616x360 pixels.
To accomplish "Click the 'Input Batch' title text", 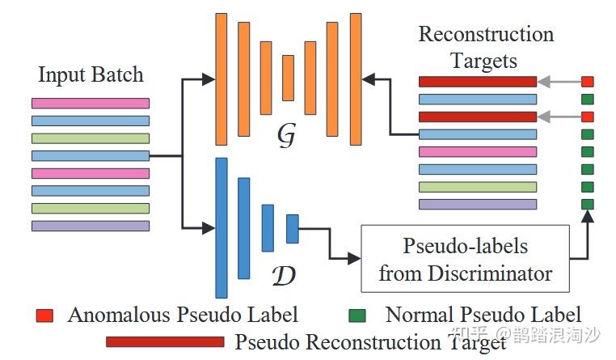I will click(90, 75).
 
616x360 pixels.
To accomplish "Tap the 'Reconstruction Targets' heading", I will click(485, 48).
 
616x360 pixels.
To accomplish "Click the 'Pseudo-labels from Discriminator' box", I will click(465, 259).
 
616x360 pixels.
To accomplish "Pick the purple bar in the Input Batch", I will click(90, 226).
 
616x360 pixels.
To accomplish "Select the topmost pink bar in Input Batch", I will click(90, 103).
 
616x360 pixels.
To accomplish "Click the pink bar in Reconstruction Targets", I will click(477, 151).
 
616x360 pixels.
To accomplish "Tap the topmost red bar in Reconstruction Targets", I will click(477, 82).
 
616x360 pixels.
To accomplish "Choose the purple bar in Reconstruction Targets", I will click(477, 204).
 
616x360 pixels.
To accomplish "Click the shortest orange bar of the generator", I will click(288, 78).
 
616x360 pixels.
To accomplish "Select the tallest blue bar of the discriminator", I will click(222, 227).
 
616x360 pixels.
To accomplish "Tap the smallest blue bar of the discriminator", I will click(292, 229).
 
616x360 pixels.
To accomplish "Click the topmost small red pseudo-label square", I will click(588, 82).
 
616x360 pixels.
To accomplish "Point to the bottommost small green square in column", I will click(588, 204).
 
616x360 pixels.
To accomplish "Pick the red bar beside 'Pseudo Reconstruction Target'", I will click(164, 341).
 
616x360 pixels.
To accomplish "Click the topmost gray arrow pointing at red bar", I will click(559, 82).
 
